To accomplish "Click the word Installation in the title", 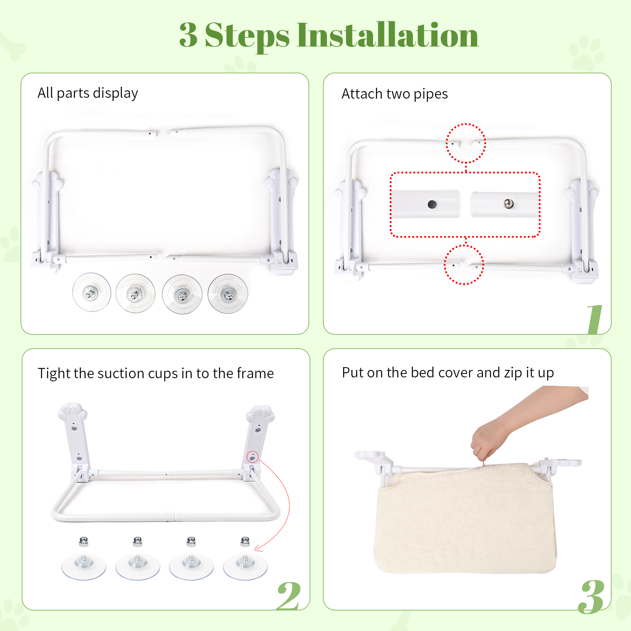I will point(387,35).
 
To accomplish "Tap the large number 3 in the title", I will point(188,35).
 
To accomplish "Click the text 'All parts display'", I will point(88,93).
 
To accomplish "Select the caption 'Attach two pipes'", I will point(394,94).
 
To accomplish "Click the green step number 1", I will point(595,319).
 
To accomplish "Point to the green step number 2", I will point(289,596).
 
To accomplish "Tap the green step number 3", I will point(591,597).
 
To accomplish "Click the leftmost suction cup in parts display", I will point(91,293).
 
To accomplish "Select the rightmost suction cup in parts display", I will point(228,294).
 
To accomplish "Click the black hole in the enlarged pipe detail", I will point(432,204).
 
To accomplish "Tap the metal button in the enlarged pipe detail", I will point(509,203).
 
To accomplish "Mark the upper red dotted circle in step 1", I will point(466,143).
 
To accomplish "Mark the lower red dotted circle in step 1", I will point(464,265).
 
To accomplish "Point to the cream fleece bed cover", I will point(465,521).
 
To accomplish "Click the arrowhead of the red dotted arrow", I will point(257,549).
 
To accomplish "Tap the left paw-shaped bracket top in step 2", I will point(73,413).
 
